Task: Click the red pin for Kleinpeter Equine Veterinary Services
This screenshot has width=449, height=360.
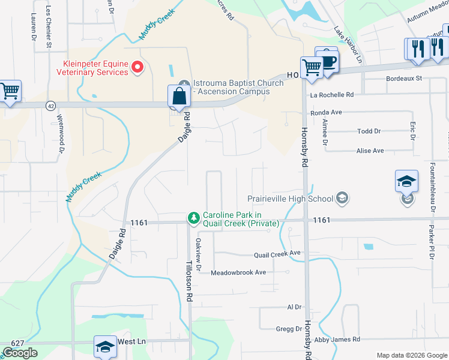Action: coord(138,67)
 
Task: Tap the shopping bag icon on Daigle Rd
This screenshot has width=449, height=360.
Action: coord(179,96)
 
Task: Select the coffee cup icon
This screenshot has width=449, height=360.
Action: coord(327,61)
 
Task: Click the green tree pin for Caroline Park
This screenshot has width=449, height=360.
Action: coord(193,218)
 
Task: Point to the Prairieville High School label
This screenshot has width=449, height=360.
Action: coord(291,199)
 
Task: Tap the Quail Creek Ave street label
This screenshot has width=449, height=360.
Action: coord(277,254)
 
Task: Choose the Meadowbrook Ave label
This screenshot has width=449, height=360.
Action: coord(238,272)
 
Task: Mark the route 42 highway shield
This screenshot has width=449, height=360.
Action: coord(50,104)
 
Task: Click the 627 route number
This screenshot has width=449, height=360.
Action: coord(17,343)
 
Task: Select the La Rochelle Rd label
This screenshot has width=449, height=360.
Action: coord(332,95)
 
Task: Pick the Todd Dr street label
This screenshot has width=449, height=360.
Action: coord(369,131)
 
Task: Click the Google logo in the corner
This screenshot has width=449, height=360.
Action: coord(20,353)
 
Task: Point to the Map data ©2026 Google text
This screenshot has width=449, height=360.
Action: coord(412,355)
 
